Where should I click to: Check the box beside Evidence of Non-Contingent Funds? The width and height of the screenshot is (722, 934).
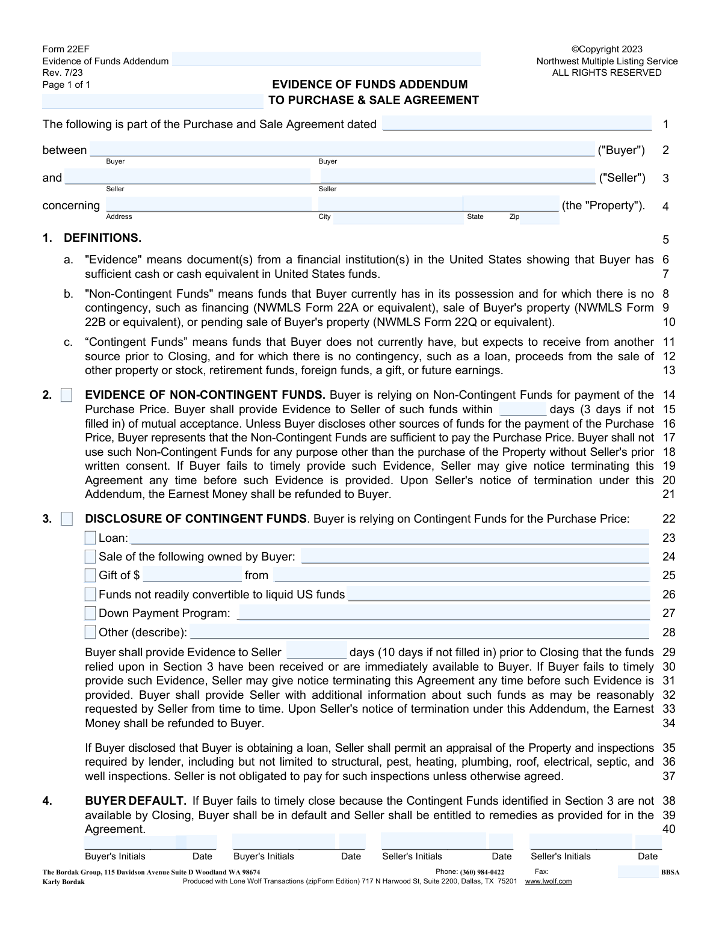tap(66, 395)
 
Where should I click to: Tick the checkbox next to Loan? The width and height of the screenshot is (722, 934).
tap(90, 538)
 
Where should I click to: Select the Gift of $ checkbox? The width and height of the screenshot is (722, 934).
tap(90, 576)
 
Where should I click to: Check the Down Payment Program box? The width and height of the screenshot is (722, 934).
tap(90, 613)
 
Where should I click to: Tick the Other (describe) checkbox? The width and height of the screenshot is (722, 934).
tap(90, 632)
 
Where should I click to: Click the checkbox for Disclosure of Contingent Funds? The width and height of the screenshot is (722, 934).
tap(66, 518)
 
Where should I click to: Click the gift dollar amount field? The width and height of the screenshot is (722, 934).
tap(192, 576)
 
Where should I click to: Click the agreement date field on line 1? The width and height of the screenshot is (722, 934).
tap(517, 124)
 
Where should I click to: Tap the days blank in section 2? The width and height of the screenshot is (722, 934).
tap(523, 410)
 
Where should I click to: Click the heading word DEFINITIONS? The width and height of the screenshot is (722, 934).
tap(102, 238)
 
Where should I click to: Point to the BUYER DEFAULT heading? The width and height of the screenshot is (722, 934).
tap(135, 801)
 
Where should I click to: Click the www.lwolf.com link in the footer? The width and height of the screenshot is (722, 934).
tap(548, 881)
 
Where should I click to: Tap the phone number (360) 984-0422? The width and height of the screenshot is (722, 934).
tap(482, 872)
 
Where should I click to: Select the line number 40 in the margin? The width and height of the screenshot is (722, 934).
tap(668, 829)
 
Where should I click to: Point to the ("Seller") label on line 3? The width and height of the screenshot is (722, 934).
tap(622, 178)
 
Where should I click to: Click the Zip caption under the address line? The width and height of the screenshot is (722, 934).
tap(514, 217)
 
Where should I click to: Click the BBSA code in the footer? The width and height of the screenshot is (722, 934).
tap(670, 872)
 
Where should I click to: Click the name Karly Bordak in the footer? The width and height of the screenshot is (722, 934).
tap(63, 882)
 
